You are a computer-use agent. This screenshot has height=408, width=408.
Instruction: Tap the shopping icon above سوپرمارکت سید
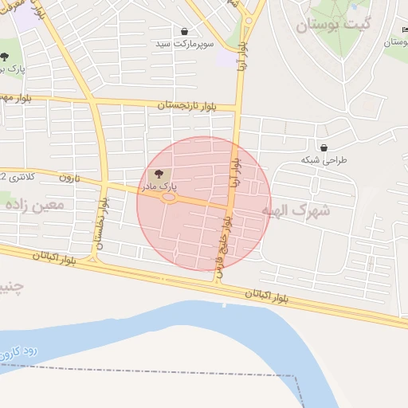185,32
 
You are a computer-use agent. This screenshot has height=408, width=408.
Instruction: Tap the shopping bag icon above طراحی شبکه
324,147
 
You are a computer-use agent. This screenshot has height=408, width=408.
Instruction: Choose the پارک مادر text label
159,186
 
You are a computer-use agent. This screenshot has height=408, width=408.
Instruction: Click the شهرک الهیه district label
296,211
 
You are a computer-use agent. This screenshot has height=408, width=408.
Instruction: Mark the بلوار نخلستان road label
100,222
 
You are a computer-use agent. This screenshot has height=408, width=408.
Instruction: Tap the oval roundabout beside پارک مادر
169,198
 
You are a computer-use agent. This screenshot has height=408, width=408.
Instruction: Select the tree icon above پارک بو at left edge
5,57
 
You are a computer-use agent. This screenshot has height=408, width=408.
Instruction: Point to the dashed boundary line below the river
159,371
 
